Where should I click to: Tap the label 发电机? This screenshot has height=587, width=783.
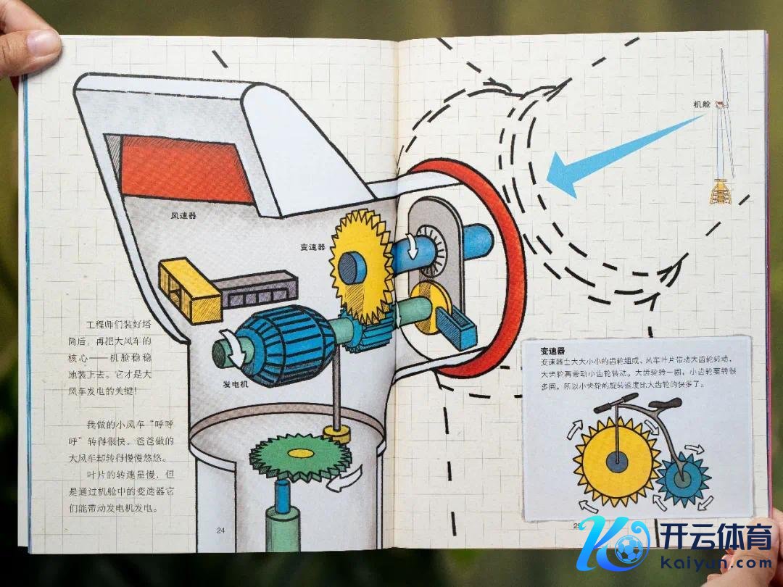(x=234, y=383)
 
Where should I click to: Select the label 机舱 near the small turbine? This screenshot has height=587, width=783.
(x=701, y=104)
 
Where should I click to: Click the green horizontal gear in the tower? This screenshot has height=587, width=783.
(x=299, y=455)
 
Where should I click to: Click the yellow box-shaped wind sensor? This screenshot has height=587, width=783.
(x=188, y=289)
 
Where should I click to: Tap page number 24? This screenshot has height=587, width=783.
(x=220, y=530)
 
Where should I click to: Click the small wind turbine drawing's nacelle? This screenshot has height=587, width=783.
(x=721, y=106)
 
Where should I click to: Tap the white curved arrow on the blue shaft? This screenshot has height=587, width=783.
(x=410, y=246)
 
